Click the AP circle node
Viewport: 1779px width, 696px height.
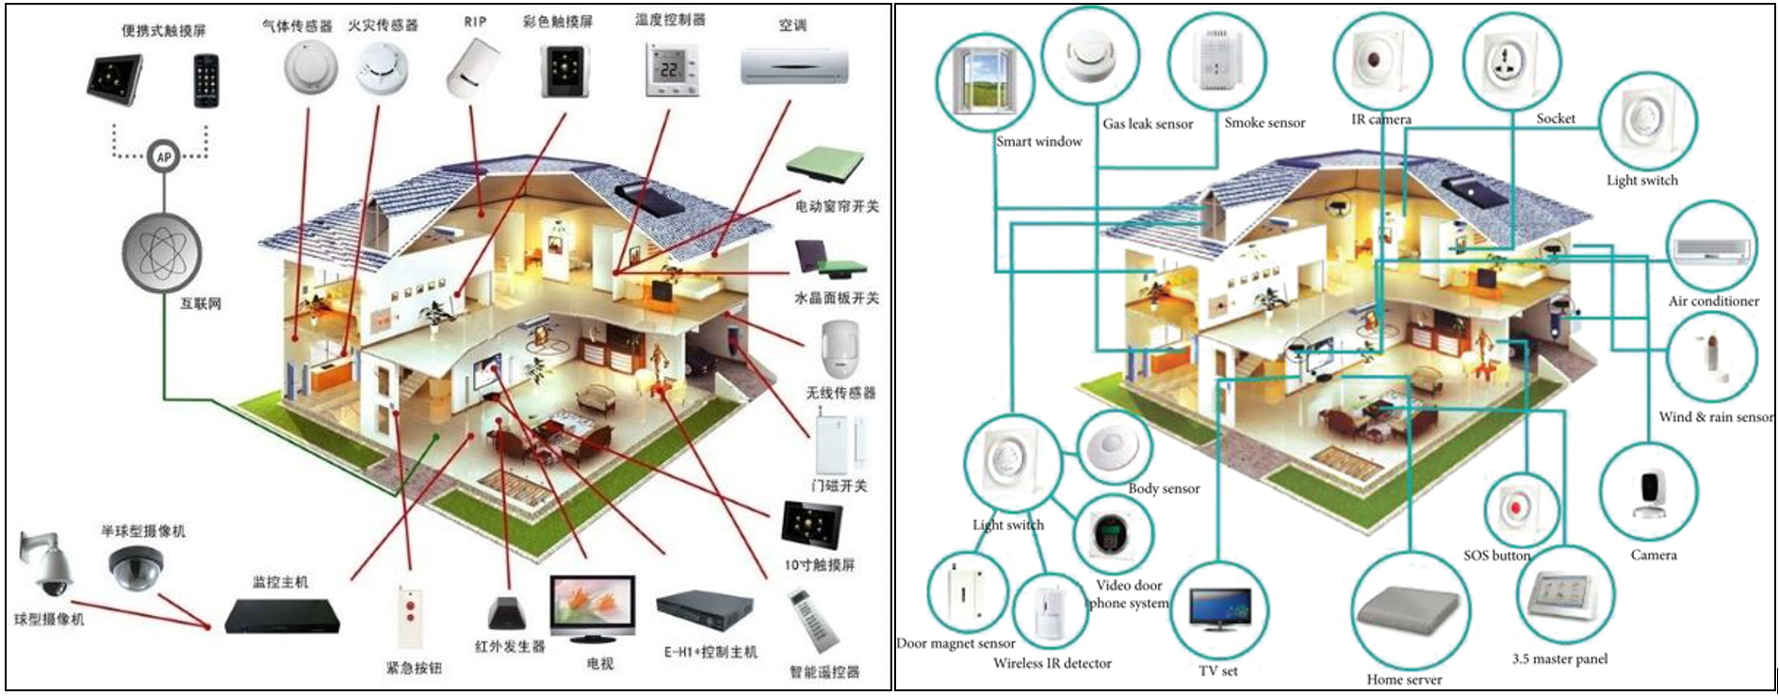(x=164, y=156)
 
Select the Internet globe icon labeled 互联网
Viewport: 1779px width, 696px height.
(x=162, y=251)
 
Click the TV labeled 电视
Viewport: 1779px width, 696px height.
(x=594, y=608)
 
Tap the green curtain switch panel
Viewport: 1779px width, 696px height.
(x=824, y=164)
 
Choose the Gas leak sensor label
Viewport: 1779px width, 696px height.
(x=1148, y=124)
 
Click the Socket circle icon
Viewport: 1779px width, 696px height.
(x=1511, y=63)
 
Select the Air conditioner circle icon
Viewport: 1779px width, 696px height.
(x=1712, y=247)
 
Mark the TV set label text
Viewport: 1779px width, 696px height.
(x=1217, y=671)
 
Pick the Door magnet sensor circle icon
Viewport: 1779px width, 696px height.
(x=968, y=591)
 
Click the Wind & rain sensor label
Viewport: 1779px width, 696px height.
(x=1716, y=416)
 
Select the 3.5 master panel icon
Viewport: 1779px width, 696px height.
(x=1564, y=595)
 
